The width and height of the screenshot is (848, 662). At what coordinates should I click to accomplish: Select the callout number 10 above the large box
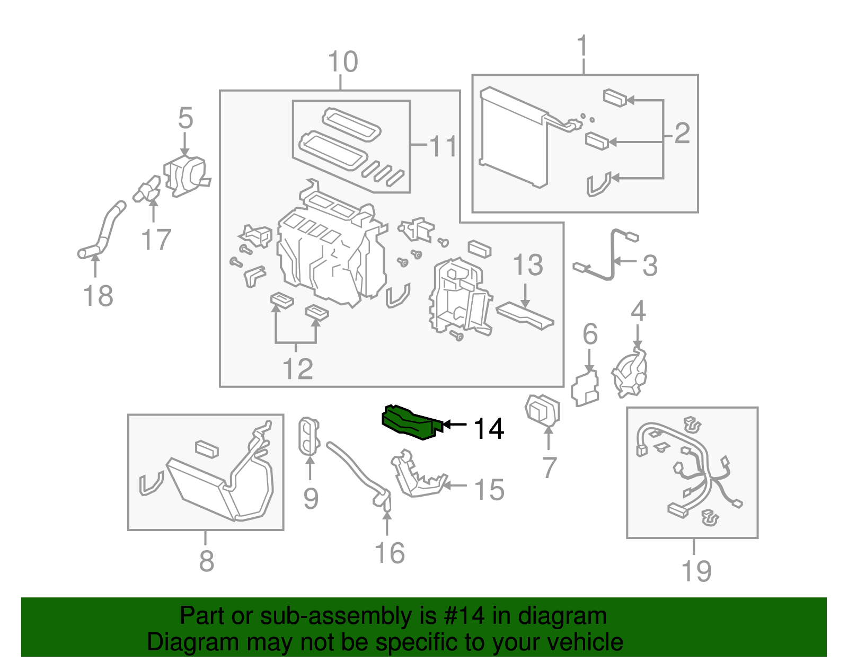coord(342,62)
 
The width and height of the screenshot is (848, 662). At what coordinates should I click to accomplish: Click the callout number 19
coord(696,571)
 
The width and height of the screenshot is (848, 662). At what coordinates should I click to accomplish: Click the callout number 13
coord(527,264)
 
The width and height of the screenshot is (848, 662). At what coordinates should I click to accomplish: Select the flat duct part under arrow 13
coord(525,315)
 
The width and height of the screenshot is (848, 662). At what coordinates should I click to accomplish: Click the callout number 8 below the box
coord(206,561)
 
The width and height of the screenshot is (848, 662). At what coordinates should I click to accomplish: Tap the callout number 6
coord(589,334)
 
